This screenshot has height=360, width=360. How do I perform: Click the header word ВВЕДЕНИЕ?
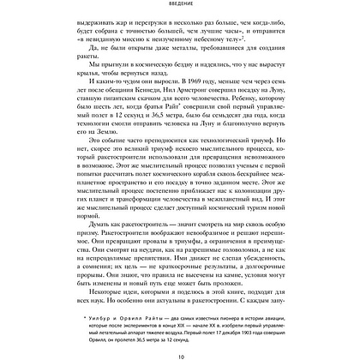[x=179, y=4]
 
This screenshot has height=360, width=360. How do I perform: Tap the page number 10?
[x=179, y=350]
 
